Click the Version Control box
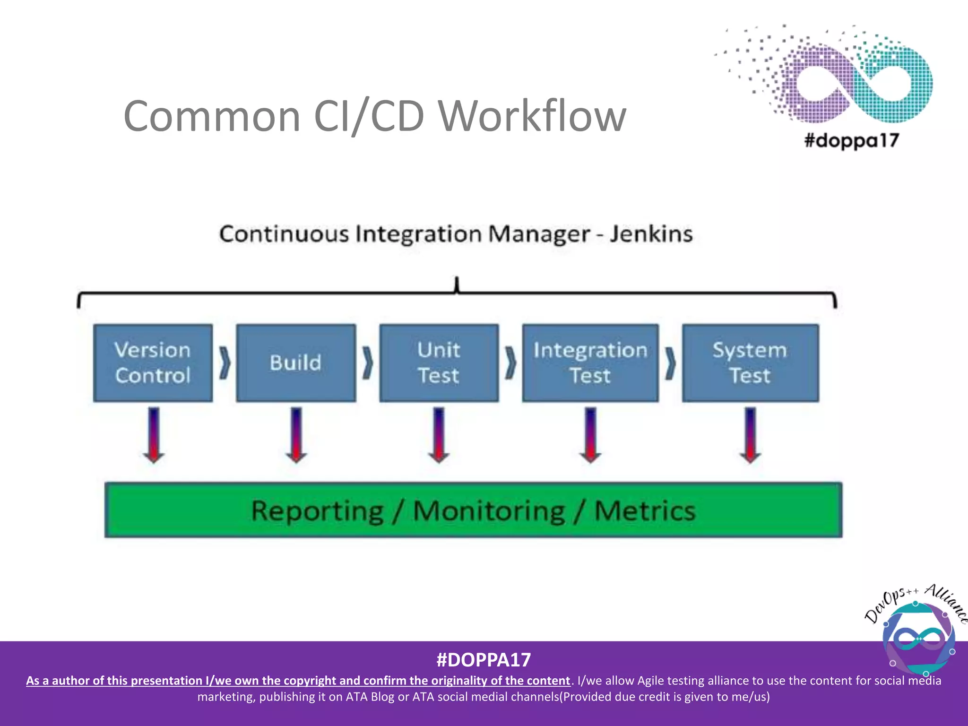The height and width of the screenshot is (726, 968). click(153, 363)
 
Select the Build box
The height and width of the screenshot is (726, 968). click(296, 363)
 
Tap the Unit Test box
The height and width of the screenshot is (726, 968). click(439, 363)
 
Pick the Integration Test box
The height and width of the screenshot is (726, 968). click(590, 363)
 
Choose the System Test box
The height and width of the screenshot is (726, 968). click(750, 363)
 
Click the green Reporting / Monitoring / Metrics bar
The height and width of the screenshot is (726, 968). click(473, 510)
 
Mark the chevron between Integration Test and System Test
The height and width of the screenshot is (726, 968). click(670, 363)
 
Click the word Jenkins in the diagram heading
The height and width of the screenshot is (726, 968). click(651, 234)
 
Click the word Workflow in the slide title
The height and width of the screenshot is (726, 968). click(532, 116)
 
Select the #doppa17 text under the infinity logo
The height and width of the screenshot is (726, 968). click(852, 140)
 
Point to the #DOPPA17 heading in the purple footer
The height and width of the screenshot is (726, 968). click(484, 660)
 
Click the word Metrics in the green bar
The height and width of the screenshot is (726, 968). click(645, 511)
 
